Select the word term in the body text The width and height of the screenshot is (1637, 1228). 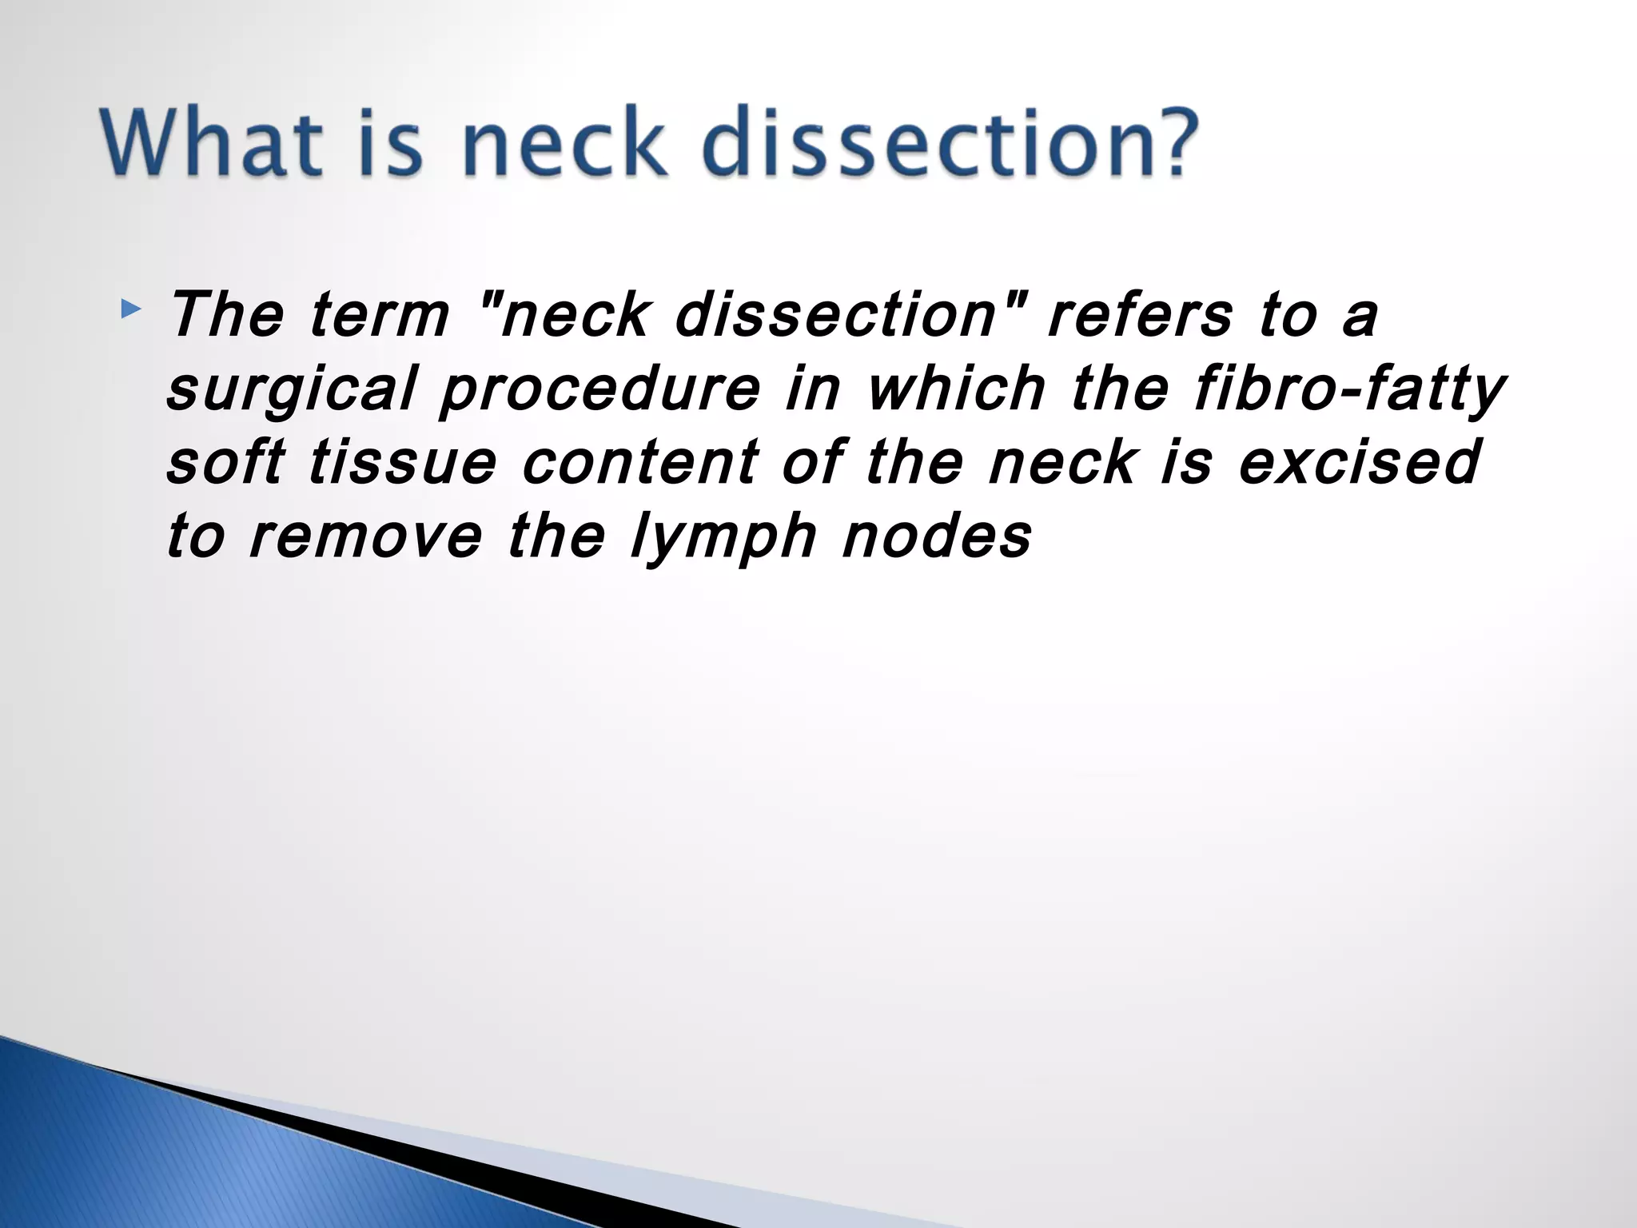click(x=380, y=315)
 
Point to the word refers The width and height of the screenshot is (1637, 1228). click(x=1141, y=315)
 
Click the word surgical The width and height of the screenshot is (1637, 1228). click(x=293, y=390)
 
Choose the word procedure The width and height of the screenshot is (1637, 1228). click(x=600, y=390)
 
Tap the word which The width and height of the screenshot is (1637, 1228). click(x=956, y=389)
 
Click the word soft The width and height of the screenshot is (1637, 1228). click(x=225, y=463)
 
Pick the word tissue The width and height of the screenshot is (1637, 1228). click(x=402, y=463)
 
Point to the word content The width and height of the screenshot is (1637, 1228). click(x=640, y=463)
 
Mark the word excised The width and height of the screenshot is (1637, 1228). click(x=1360, y=463)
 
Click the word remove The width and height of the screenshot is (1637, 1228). click(x=365, y=536)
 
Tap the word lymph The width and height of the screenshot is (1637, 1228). click(x=723, y=538)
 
